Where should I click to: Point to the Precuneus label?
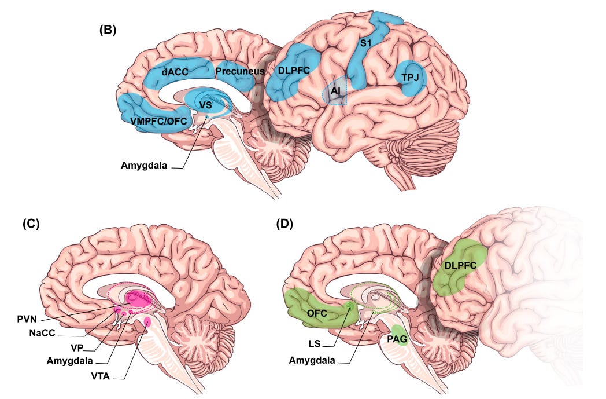tap(239, 71)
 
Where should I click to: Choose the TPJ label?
tap(410, 78)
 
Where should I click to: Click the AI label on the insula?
tap(335, 91)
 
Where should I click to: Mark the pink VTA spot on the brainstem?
tap(147, 323)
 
